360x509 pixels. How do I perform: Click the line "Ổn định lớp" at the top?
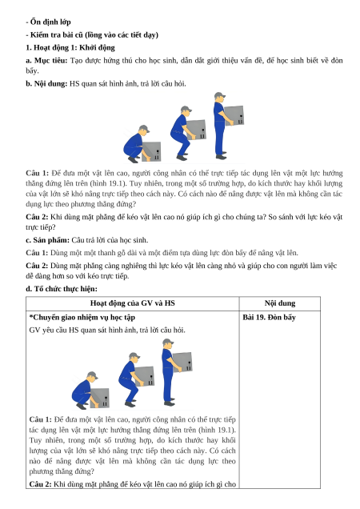pyautogui.click(x=50, y=22)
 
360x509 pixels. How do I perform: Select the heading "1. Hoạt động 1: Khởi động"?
pyautogui.click(x=70, y=48)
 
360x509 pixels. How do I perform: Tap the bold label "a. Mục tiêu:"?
pyautogui.click(x=46, y=61)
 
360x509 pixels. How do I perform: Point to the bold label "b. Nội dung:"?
pyautogui.click(x=46, y=84)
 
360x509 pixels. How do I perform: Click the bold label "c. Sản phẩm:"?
pyautogui.click(x=47, y=240)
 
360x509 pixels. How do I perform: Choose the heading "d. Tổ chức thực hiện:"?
pyautogui.click(x=62, y=289)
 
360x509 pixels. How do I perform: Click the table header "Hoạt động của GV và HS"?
pyautogui.click(x=133, y=303)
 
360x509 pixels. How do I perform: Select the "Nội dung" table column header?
pyautogui.click(x=280, y=303)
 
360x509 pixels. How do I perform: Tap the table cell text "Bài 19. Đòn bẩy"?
pyautogui.click(x=269, y=317)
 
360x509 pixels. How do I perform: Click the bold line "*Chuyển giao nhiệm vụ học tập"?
pyautogui.click(x=82, y=318)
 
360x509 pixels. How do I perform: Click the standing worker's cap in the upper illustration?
pyautogui.click(x=220, y=95)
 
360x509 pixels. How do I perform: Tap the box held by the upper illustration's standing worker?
pyautogui.click(x=234, y=115)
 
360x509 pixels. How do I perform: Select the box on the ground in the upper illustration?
pyautogui.click(x=151, y=151)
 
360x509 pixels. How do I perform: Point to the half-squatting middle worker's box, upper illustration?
pyautogui.click(x=196, y=130)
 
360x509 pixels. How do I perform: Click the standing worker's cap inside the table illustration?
pyautogui.click(x=168, y=342)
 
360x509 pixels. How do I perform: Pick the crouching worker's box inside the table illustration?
pyautogui.click(x=99, y=398)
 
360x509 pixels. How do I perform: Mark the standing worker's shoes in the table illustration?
pyautogui.click(x=170, y=402)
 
